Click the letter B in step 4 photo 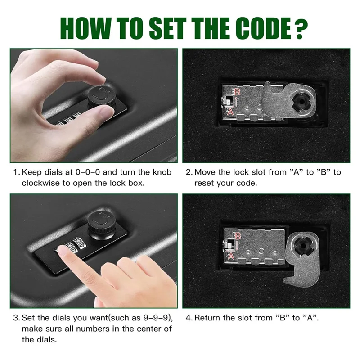[x=238, y=235]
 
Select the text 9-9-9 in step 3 [x=153, y=318]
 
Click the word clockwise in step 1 [x=42, y=183]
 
